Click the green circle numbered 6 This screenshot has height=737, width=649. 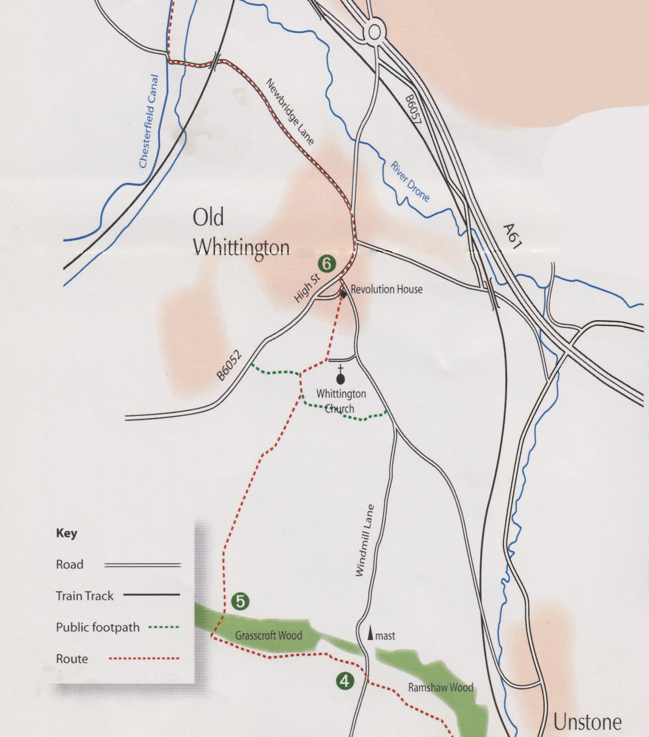[x=327, y=263]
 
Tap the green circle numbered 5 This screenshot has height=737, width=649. [x=240, y=601]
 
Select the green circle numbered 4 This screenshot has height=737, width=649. [x=345, y=680]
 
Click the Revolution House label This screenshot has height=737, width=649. [x=387, y=289]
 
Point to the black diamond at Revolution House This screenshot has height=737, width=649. [x=343, y=295]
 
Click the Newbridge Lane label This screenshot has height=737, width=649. [x=290, y=111]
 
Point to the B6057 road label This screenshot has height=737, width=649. [x=413, y=109]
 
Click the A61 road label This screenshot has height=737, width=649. [x=512, y=236]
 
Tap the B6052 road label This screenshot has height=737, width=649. [x=229, y=366]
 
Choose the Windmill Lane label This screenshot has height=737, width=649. [x=365, y=540]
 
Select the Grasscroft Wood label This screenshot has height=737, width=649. [x=269, y=636]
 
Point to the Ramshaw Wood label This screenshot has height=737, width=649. [x=441, y=687]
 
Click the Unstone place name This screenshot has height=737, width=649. [x=587, y=722]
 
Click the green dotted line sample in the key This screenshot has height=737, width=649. [x=164, y=627]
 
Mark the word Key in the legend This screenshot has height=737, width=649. [x=67, y=533]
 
